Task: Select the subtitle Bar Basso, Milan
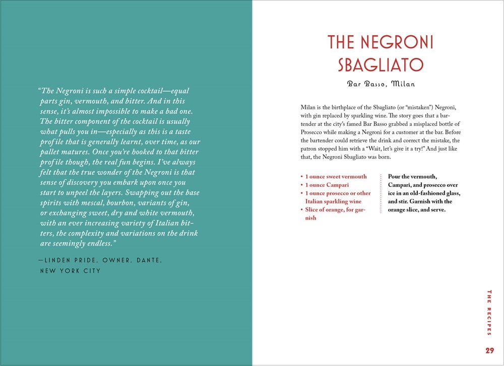(381, 84)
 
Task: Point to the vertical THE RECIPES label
(489, 312)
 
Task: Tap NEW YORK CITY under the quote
(71, 271)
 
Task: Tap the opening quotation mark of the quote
(38, 91)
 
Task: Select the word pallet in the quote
(50, 152)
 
